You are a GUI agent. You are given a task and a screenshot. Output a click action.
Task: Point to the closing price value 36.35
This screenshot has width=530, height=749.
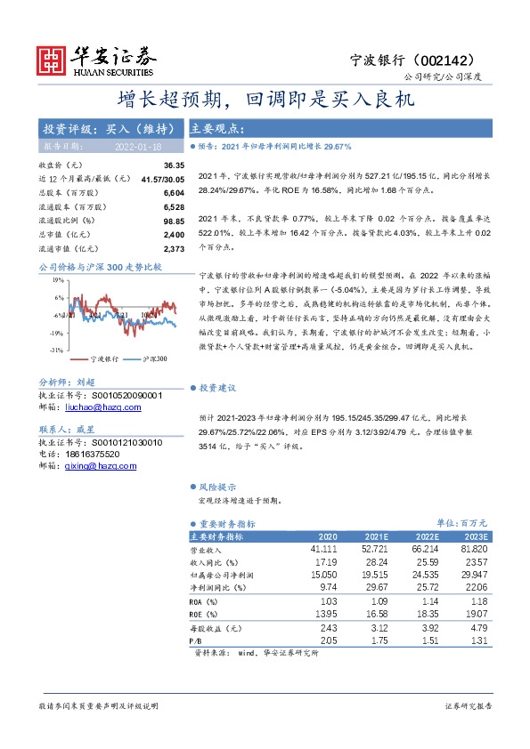tap(174, 165)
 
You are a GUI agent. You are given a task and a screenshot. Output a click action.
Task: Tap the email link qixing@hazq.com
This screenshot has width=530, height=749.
tap(100, 465)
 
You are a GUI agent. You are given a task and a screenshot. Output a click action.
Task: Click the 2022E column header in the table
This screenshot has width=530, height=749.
tap(428, 537)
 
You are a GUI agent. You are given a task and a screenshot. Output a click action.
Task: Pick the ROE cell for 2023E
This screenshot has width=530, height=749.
tap(476, 614)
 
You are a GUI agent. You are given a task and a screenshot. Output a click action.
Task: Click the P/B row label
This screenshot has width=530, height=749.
tap(196, 640)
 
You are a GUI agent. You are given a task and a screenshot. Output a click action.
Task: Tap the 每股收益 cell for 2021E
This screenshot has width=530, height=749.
tap(378, 629)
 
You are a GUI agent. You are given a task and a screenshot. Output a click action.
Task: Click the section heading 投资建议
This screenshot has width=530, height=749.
tap(218, 388)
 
